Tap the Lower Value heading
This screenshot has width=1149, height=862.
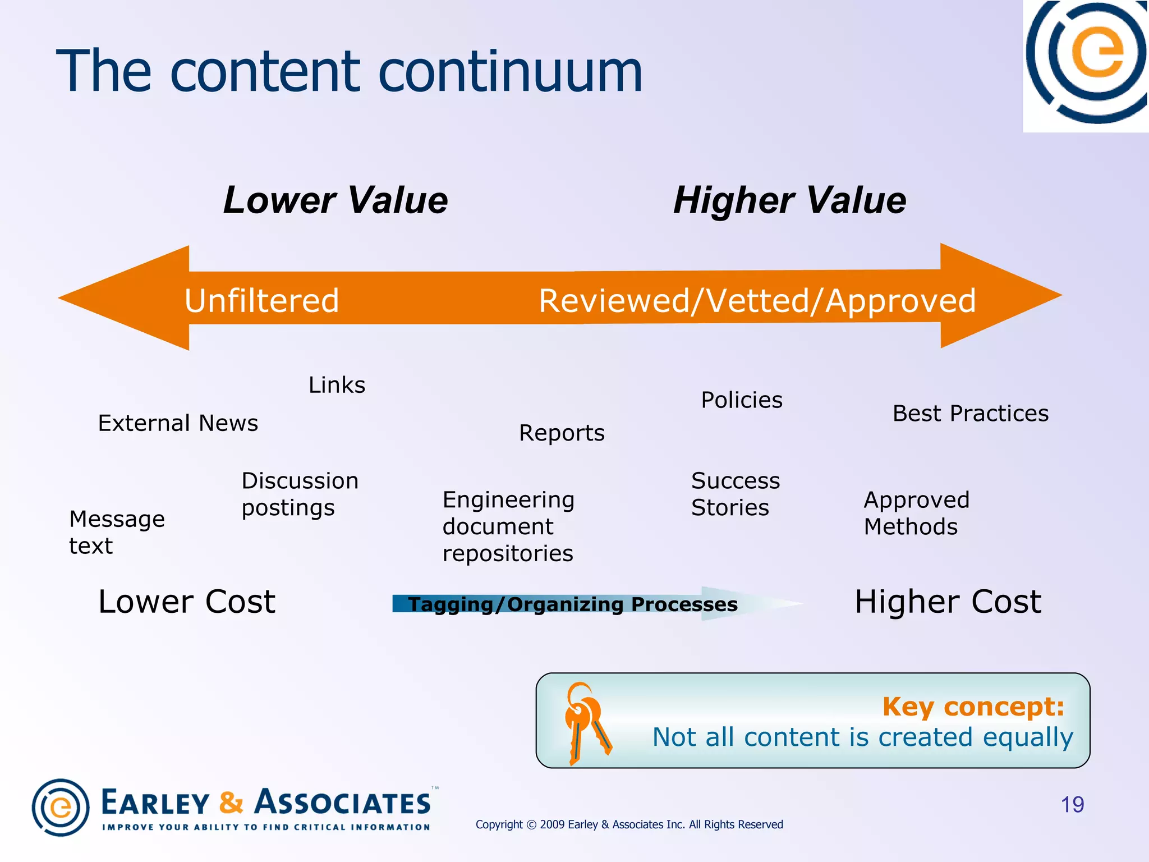click(x=335, y=200)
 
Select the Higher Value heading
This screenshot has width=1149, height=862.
click(x=789, y=200)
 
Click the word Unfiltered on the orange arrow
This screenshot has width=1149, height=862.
click(x=262, y=300)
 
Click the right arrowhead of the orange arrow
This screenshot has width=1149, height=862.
click(x=999, y=296)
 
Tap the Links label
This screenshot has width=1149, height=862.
click(x=337, y=385)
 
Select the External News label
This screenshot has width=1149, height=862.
click(x=178, y=423)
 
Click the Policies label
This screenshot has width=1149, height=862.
click(x=741, y=400)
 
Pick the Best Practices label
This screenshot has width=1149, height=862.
click(x=970, y=414)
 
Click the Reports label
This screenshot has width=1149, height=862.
click(x=562, y=433)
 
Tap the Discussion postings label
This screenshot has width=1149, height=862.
click(x=300, y=494)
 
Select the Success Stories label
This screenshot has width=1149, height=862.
click(x=735, y=494)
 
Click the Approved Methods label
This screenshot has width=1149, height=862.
click(x=916, y=513)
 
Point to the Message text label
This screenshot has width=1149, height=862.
click(x=117, y=533)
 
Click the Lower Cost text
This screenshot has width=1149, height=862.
click(x=187, y=602)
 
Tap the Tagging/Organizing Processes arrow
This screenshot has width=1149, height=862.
click(x=572, y=604)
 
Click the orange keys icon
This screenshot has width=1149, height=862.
click(x=586, y=723)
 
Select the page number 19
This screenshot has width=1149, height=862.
click(x=1072, y=805)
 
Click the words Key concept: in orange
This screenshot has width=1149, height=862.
click(x=973, y=707)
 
